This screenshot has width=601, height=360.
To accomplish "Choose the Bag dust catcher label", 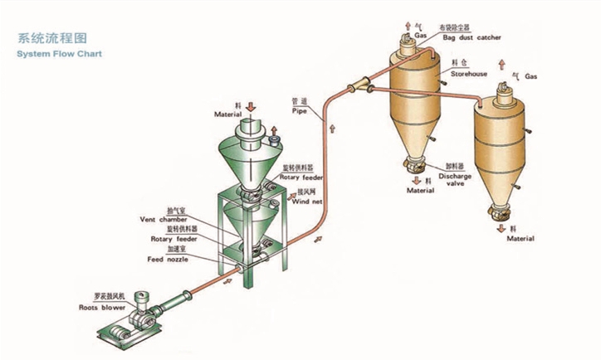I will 472,38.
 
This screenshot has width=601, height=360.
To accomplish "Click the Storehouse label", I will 469,73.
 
